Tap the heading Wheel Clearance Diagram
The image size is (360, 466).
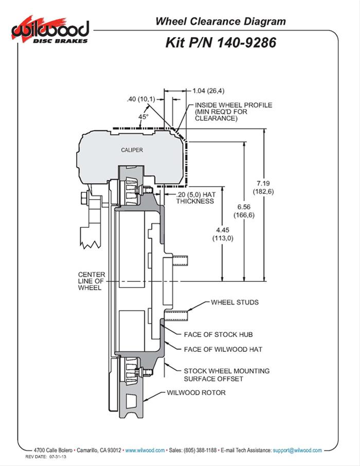220,21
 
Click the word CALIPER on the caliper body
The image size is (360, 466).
132,150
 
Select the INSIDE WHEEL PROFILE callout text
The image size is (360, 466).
232,112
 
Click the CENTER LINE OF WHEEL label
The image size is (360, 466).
91,281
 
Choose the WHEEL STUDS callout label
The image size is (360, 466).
235,302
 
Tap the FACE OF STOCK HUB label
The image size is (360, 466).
218,334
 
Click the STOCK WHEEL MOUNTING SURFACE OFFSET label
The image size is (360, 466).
226,374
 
